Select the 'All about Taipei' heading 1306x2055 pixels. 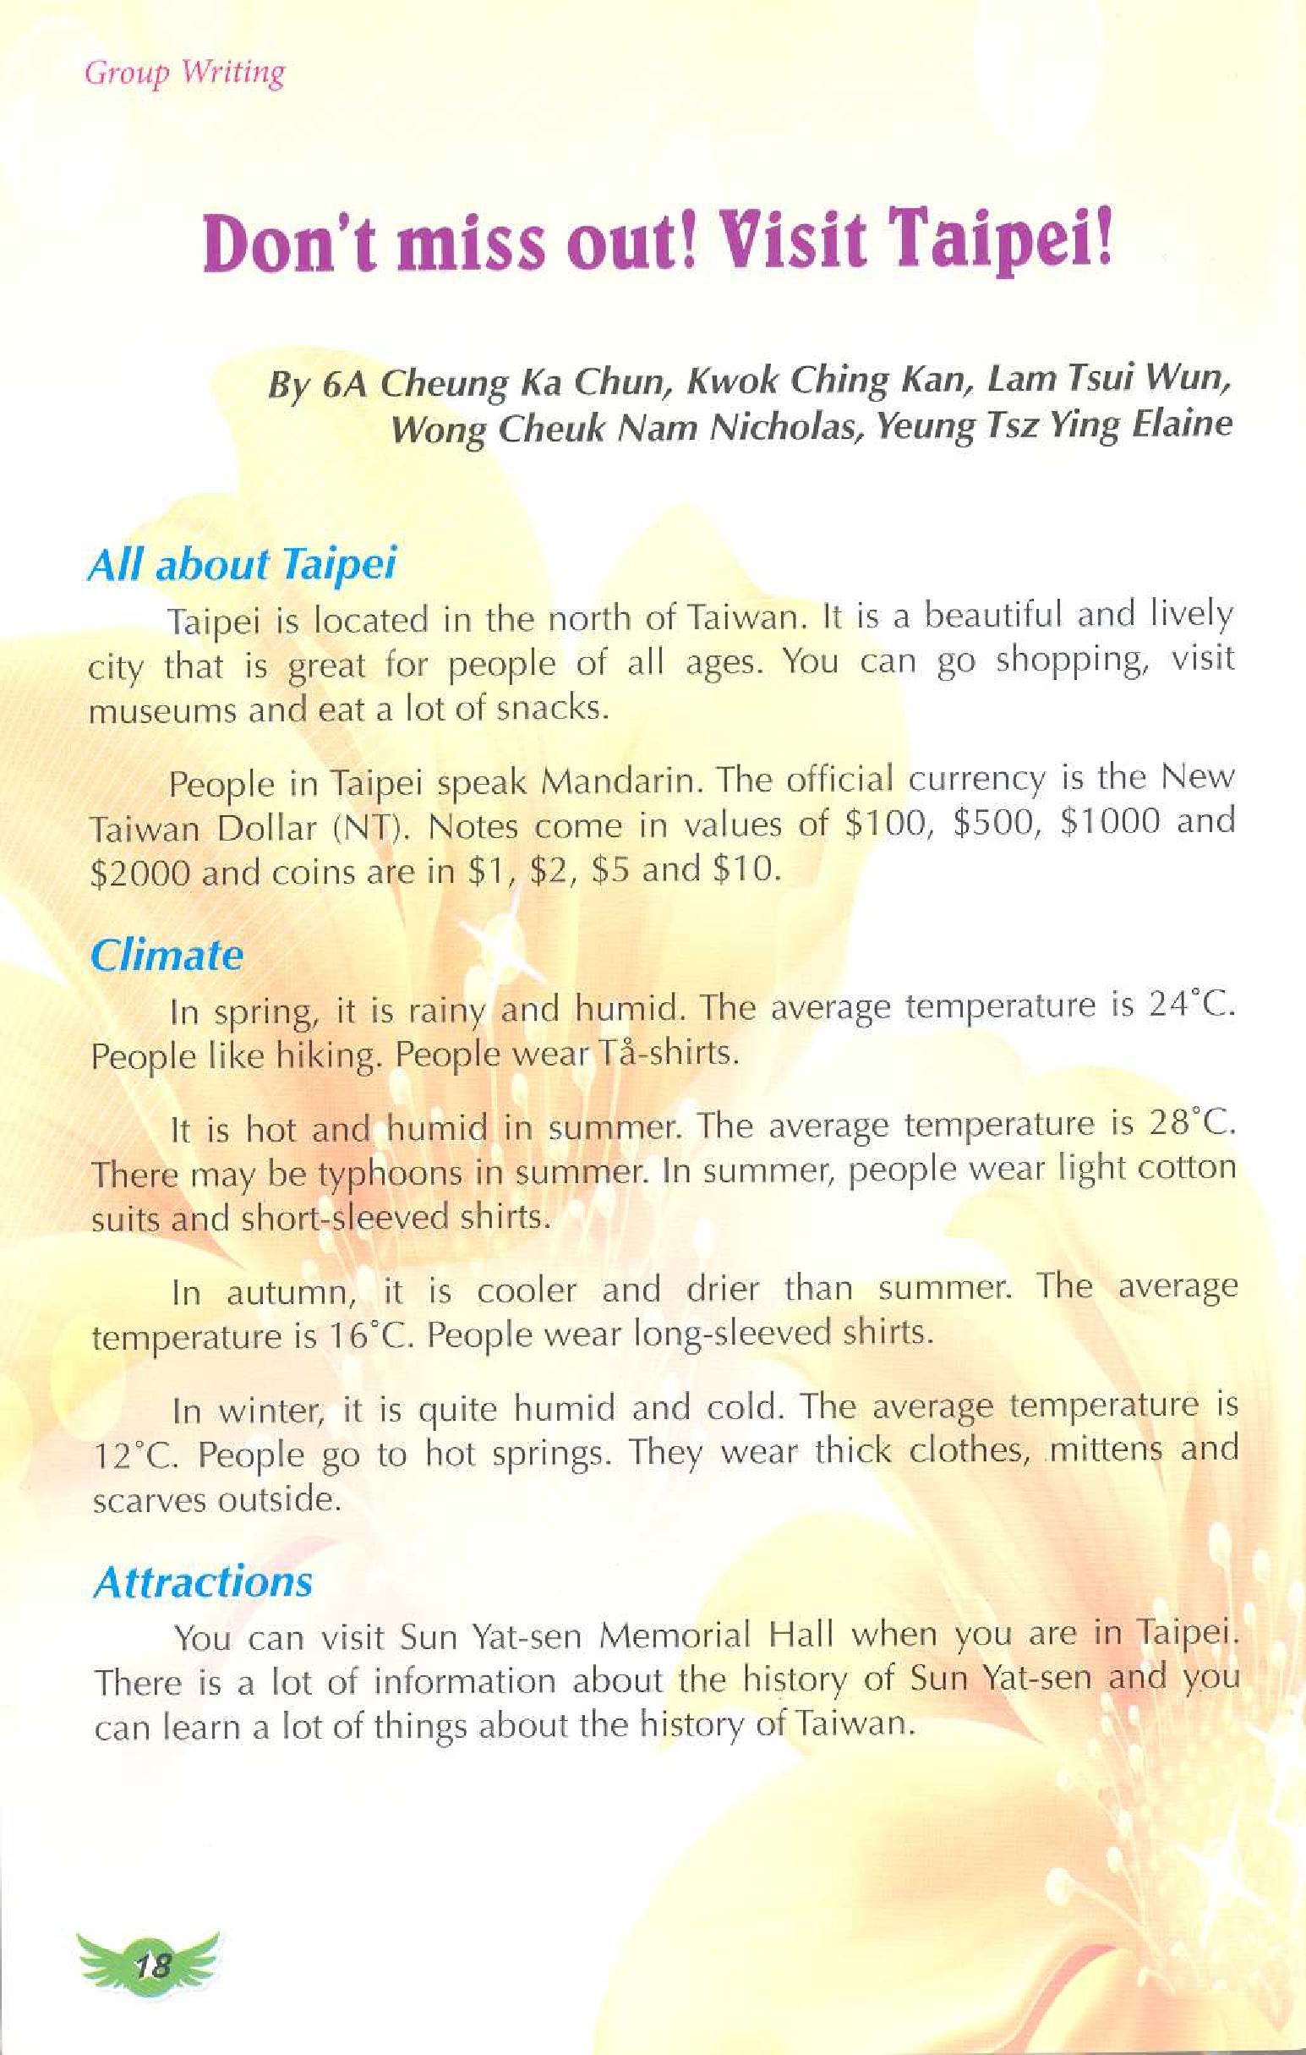click(x=243, y=565)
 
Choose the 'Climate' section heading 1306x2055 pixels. click(x=167, y=955)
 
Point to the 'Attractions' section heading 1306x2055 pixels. click(x=203, y=1582)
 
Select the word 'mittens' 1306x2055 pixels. click(x=1105, y=1449)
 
